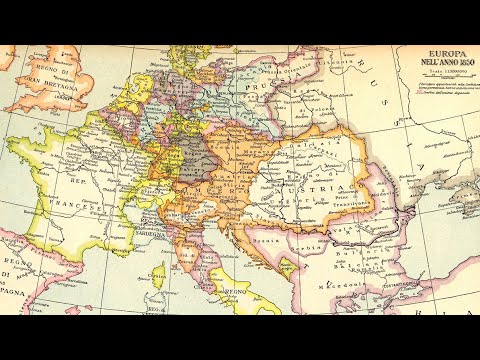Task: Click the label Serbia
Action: point(313,244)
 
